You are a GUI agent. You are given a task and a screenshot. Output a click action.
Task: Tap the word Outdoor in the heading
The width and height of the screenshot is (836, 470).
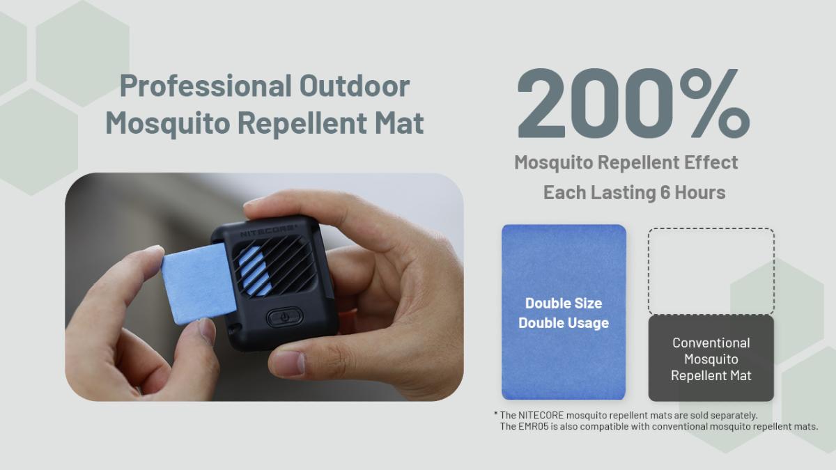(x=355, y=86)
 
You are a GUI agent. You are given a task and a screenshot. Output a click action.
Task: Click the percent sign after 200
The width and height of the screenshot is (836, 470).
(x=714, y=103)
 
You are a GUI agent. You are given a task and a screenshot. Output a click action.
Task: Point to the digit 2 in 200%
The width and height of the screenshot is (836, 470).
(x=541, y=103)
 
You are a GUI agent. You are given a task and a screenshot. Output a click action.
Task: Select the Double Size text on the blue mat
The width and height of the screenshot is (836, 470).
(x=564, y=304)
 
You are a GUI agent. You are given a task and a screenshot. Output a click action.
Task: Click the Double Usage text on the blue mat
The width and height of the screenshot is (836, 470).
(x=564, y=322)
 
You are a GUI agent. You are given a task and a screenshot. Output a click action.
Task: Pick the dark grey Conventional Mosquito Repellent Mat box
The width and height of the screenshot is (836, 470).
(x=711, y=359)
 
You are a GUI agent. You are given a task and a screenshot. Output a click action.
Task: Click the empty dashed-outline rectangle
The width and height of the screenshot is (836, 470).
(x=711, y=228)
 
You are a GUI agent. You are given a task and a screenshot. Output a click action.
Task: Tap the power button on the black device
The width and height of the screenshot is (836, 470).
(x=284, y=318)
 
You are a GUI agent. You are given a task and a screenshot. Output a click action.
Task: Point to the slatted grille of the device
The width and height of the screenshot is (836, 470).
(x=274, y=265)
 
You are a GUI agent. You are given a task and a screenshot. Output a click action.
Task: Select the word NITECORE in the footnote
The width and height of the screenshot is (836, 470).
(x=541, y=415)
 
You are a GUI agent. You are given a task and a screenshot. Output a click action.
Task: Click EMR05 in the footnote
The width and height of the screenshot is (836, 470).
(x=534, y=426)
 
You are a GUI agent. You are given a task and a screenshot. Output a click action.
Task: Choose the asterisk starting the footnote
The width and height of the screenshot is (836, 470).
(x=495, y=414)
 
